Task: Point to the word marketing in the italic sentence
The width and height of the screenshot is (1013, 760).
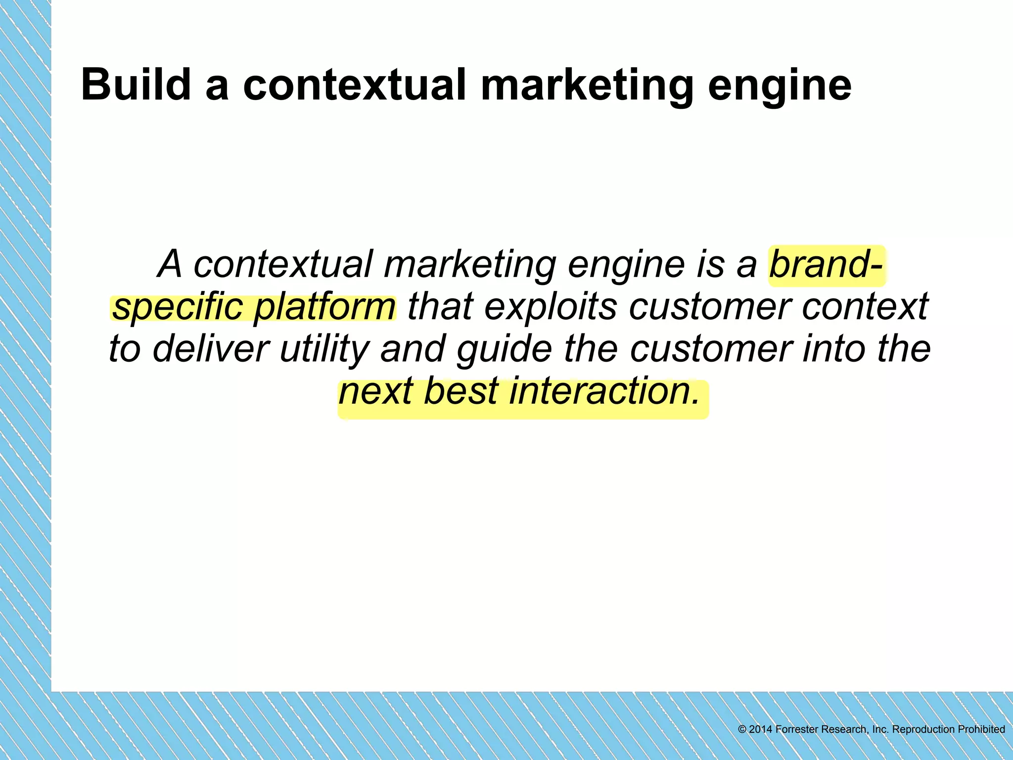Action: click(469, 265)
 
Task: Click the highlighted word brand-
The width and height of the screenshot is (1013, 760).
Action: click(826, 264)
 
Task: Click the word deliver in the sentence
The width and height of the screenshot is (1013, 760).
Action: click(211, 348)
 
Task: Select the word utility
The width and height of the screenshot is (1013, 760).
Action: click(324, 349)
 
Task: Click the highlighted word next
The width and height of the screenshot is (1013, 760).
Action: click(376, 391)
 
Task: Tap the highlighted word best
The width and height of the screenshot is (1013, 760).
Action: click(461, 391)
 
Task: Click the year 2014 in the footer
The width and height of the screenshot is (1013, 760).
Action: click(760, 729)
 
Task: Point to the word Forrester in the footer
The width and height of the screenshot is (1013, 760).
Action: click(796, 729)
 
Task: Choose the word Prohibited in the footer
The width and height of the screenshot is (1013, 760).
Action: click(981, 729)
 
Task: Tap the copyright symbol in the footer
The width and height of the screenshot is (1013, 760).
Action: click(742, 729)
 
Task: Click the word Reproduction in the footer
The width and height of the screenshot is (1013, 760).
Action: click(923, 730)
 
